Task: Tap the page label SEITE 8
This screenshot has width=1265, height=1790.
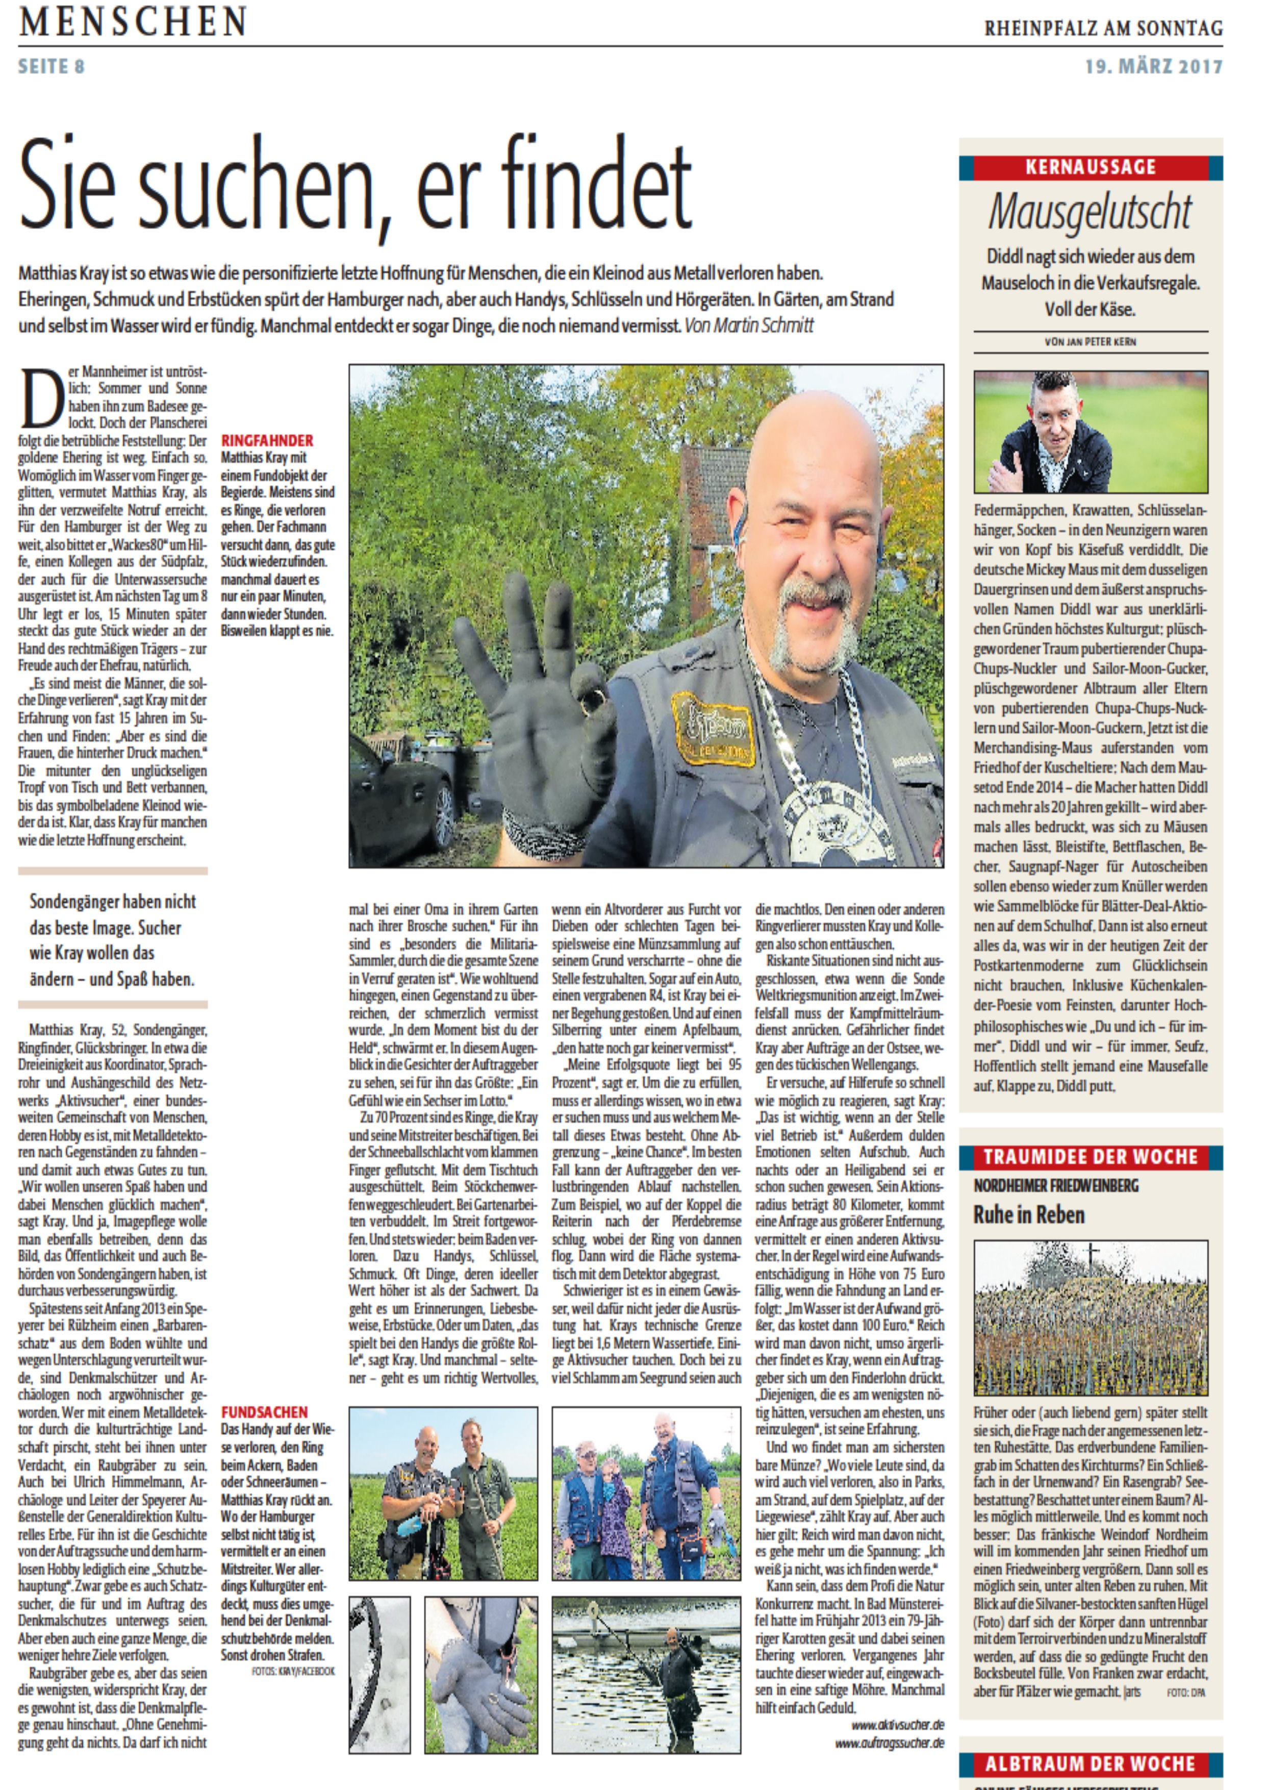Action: (x=52, y=66)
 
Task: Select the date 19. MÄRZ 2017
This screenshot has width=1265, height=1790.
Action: (x=1153, y=66)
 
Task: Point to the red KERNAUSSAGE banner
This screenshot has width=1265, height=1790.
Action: (x=1091, y=167)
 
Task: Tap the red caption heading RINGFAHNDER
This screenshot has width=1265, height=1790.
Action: (x=267, y=440)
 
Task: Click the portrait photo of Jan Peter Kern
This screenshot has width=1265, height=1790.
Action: (x=1091, y=431)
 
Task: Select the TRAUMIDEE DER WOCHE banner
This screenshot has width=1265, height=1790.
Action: (x=1091, y=1157)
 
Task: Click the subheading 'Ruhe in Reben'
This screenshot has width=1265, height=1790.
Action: (x=1029, y=1214)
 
